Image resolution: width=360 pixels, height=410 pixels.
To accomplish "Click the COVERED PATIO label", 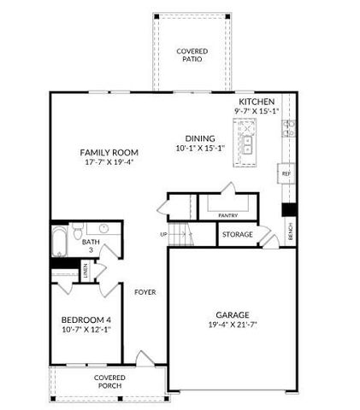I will coord(192,56).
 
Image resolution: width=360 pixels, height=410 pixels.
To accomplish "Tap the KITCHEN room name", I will coord(257,101).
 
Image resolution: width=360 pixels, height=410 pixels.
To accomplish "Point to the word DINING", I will coord(199,138).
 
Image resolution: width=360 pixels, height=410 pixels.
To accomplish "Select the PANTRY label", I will coord(227,215).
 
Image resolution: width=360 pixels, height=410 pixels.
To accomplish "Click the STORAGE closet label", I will coord(238,234).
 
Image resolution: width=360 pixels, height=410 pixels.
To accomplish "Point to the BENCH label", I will coord(291,230).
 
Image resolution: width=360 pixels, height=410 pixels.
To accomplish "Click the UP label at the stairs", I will coord(163,234).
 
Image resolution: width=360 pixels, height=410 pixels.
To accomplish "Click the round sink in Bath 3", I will coord(103,229).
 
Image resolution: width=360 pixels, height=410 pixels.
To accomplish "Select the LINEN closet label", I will coord(86,272).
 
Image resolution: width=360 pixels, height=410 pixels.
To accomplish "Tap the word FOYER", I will coord(145,291).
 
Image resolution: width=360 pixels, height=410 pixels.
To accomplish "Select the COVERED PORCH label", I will coord(109,381).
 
